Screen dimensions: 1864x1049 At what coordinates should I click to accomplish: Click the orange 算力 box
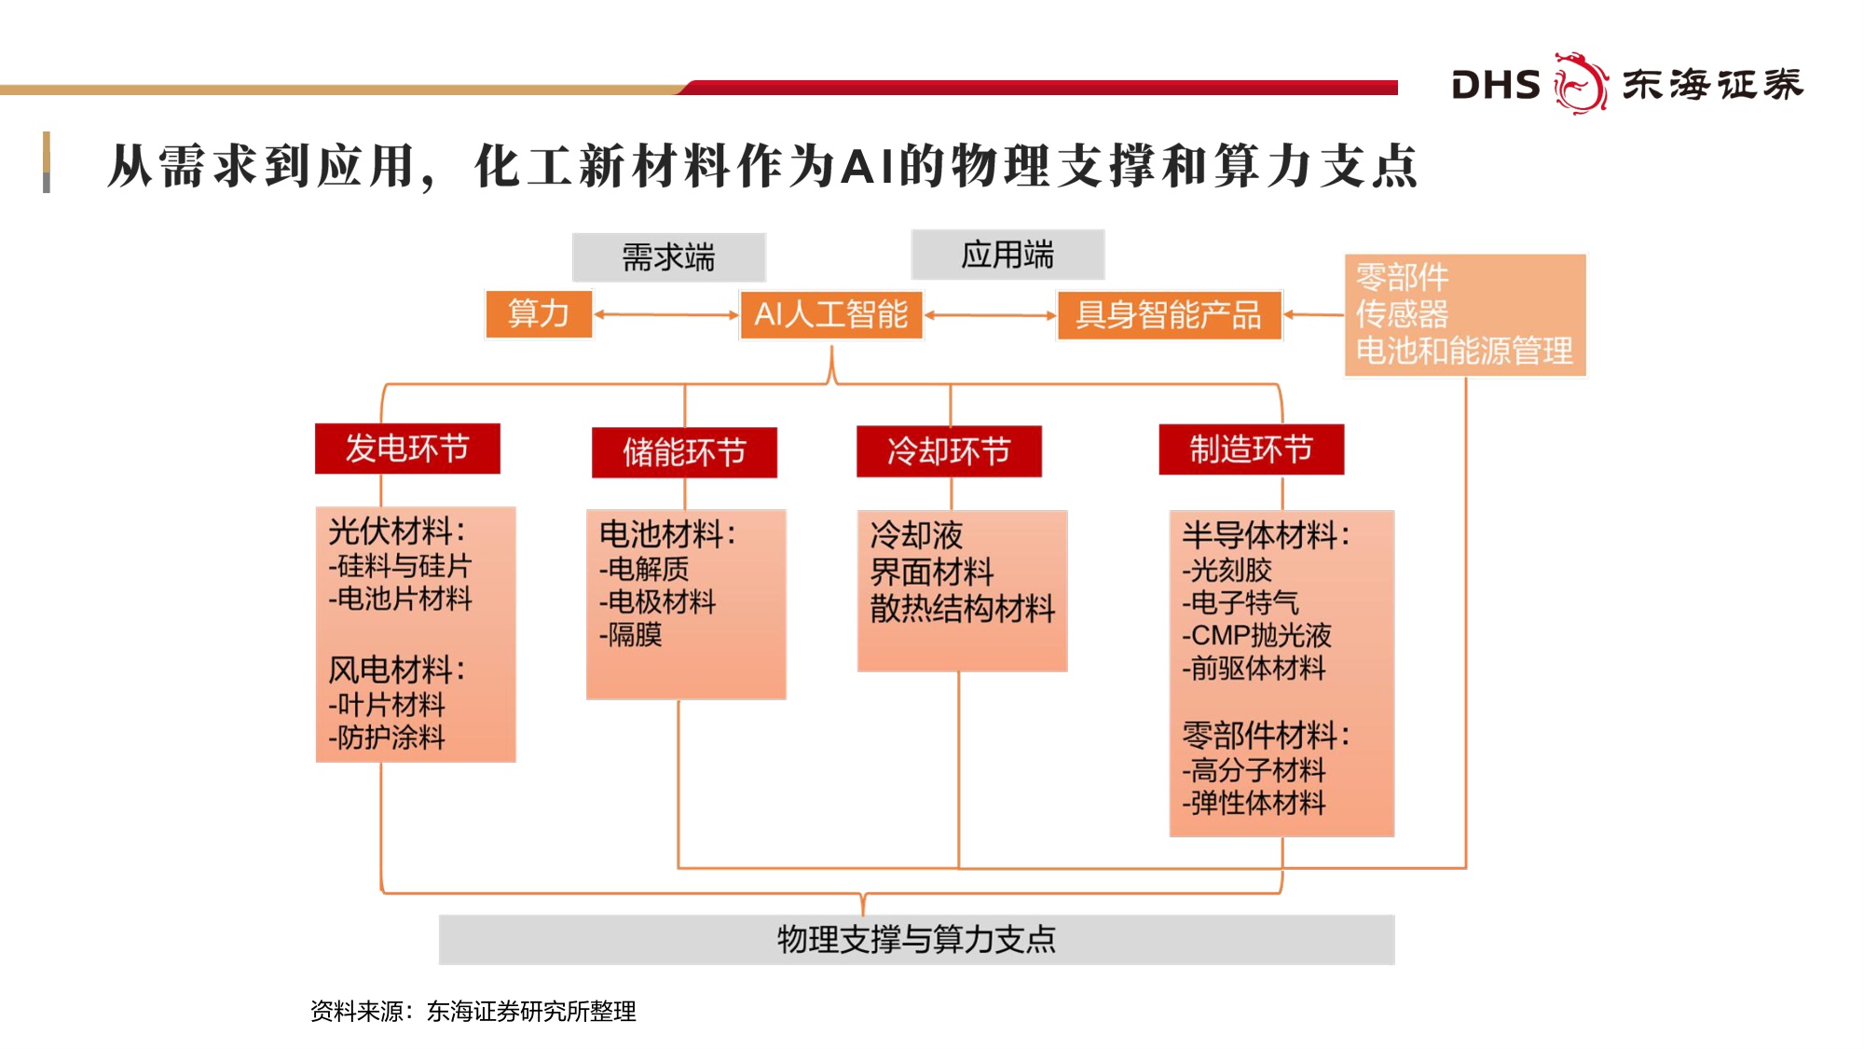539,314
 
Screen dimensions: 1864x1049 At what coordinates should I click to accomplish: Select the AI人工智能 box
830,315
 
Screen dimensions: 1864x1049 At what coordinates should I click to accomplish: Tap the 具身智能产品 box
1169,315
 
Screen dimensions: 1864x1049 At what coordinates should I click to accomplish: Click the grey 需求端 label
668,257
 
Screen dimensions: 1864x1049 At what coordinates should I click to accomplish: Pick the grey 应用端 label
1007,255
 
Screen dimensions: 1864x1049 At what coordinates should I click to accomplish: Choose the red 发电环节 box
407,449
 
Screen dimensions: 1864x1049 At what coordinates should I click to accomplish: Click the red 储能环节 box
684,452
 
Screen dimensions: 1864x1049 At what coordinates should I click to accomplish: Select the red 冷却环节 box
949,451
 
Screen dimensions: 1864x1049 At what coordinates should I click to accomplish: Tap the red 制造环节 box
1251,449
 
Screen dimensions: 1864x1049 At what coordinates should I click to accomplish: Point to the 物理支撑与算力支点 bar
916,939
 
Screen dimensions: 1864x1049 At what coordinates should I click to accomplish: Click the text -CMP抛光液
1256,635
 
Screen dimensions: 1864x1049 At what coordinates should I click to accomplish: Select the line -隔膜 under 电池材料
631,635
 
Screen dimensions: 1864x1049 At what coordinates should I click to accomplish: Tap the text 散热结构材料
962,609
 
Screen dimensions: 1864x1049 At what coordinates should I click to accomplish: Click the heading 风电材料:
396,669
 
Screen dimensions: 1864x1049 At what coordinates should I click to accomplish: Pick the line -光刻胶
1227,570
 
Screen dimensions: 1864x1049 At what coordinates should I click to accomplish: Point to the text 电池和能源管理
1463,351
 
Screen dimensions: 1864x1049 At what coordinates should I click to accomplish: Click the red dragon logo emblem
1580,84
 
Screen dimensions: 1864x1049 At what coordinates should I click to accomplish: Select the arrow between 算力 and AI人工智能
665,315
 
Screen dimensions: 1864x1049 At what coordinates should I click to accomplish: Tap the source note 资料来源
473,1011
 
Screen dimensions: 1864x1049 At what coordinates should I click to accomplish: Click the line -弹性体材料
1254,803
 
